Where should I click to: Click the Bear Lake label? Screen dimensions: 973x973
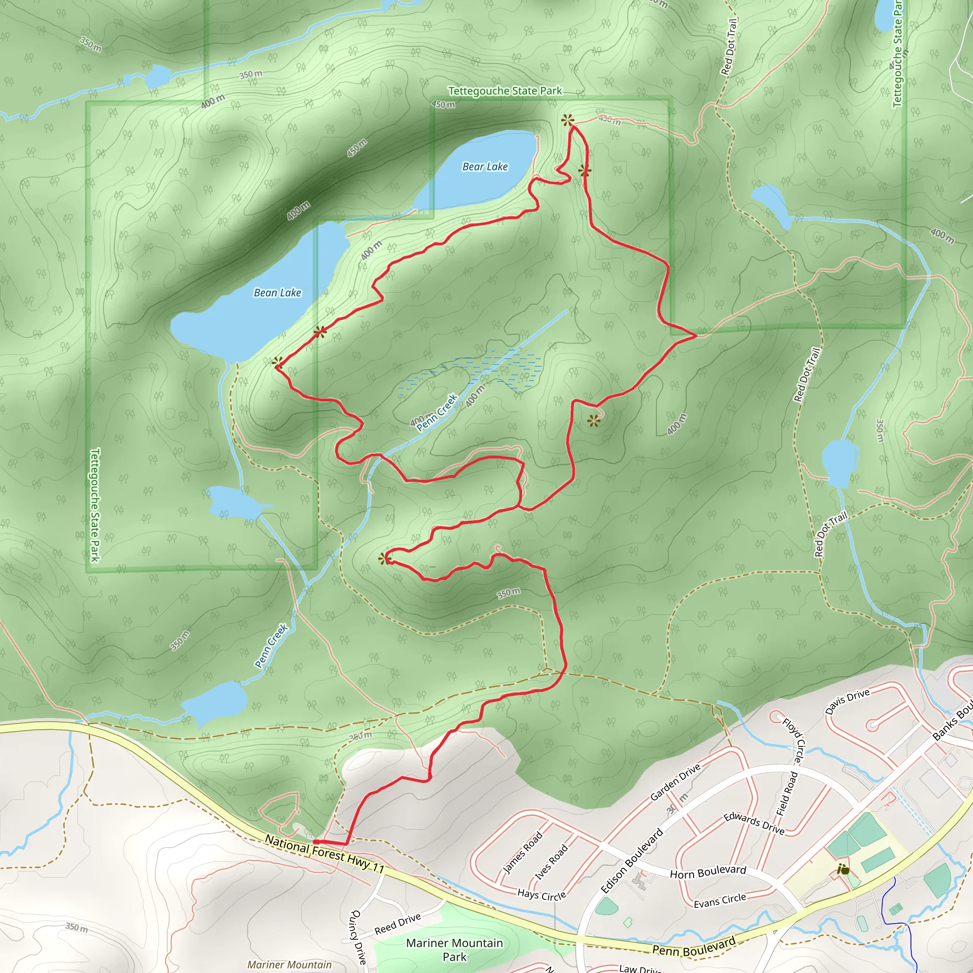coord(485,167)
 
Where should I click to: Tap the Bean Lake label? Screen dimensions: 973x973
coord(277,293)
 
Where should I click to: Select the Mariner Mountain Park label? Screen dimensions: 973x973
coord(454,949)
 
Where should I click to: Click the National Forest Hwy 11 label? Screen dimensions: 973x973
coord(324,854)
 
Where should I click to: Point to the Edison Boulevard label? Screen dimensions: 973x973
coord(632,861)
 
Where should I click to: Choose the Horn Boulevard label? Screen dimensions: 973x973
coord(707,872)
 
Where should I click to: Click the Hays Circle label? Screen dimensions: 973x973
coord(542,895)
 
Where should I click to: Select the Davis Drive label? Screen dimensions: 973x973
coord(847,702)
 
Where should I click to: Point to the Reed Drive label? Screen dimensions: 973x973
coord(397,924)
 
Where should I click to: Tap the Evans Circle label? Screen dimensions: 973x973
coord(720,900)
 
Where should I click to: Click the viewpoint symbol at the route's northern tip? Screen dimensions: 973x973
coord(568,120)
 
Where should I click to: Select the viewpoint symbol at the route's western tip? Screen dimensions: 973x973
coord(277,362)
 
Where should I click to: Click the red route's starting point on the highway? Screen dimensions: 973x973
coord(315,841)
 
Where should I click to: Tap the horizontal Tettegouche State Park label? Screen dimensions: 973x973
coord(505,91)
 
